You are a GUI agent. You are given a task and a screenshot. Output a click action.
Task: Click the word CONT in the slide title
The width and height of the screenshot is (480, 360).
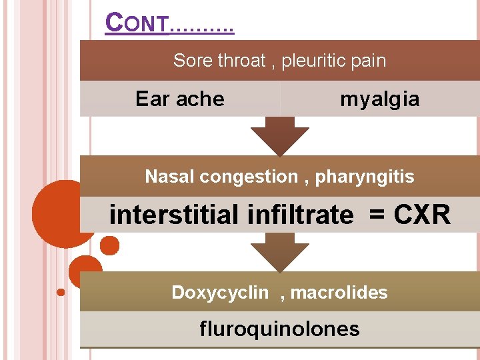[137, 23]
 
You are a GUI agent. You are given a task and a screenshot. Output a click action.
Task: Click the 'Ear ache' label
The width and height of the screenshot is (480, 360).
[179, 99]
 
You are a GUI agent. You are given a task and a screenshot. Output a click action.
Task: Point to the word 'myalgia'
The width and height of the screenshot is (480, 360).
[379, 99]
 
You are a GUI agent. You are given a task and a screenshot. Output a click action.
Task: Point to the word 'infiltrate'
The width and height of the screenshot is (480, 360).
[300, 215]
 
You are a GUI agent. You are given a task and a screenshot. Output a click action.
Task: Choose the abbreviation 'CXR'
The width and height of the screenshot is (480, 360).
[422, 215]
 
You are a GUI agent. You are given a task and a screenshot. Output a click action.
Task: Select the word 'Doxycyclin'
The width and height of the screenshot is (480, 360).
[220, 293]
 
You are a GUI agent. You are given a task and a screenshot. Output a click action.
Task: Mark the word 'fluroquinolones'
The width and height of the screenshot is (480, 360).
[279, 329]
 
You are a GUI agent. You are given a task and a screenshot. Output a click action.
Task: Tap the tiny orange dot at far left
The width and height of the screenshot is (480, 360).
[61, 292]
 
